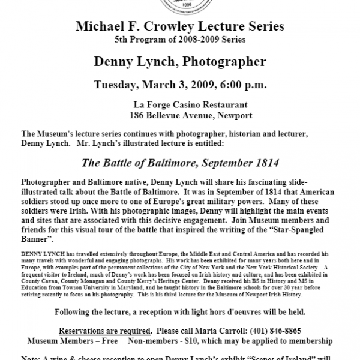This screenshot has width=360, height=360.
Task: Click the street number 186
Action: (x=139, y=114)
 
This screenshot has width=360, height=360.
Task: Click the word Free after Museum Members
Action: (x=117, y=341)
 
